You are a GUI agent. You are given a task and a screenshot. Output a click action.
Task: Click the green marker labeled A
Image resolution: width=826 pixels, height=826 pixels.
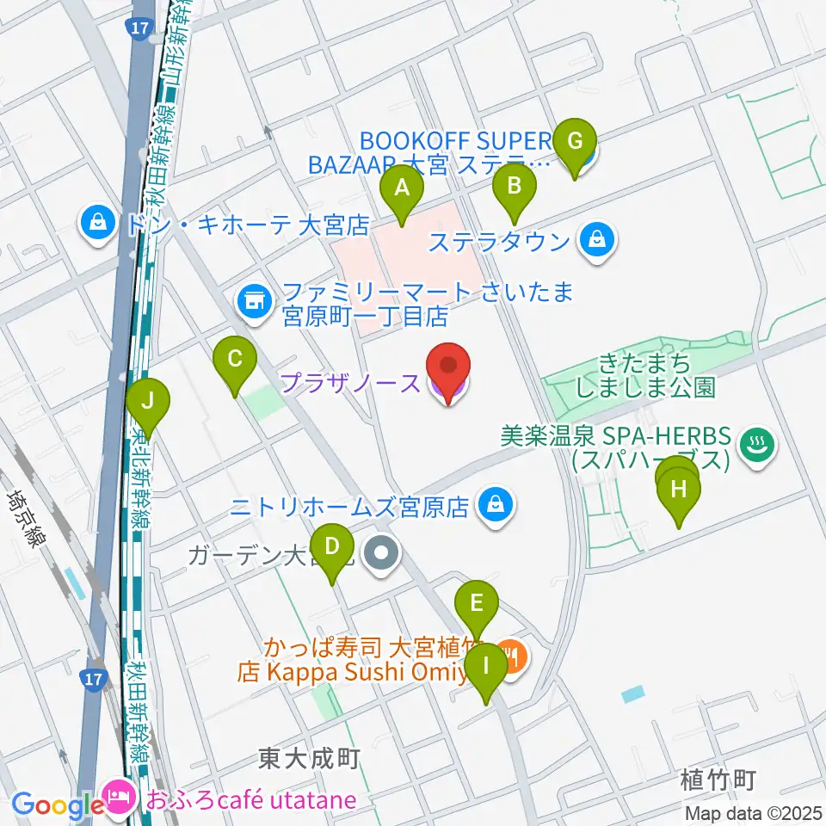(x=402, y=192)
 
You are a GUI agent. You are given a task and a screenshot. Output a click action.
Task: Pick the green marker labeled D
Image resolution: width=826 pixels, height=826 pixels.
(x=333, y=551)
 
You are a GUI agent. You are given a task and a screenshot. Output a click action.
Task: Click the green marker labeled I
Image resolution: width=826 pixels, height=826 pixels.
(x=486, y=669)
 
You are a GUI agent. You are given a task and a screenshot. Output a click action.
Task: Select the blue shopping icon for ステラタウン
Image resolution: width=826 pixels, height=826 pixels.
(x=596, y=239)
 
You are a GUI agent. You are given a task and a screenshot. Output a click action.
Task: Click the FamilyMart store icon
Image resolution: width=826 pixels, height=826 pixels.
(x=253, y=300)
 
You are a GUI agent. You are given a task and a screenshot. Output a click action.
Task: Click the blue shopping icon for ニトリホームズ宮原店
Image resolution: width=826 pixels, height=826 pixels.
(x=496, y=505)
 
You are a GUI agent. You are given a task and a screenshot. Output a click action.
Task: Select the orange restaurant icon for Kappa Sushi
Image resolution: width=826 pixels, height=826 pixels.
(x=513, y=660)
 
